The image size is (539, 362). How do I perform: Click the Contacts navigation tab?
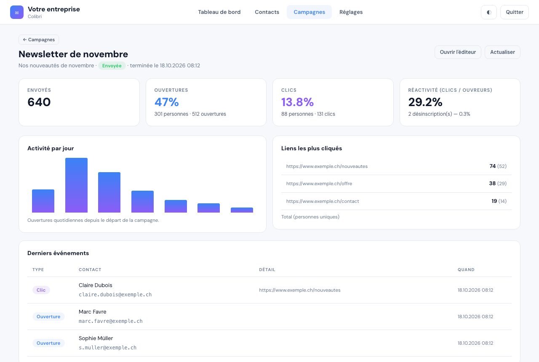(x=267, y=12)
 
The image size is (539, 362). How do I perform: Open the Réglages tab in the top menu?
(x=351, y=12)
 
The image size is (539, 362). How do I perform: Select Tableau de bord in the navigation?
(x=219, y=12)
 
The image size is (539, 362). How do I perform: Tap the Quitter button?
(x=515, y=12)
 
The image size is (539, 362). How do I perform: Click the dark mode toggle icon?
(x=489, y=12)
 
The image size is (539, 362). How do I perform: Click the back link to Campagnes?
(x=39, y=40)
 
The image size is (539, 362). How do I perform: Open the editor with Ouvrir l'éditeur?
(x=458, y=52)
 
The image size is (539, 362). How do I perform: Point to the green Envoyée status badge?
(x=112, y=66)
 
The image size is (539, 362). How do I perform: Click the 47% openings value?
(x=166, y=102)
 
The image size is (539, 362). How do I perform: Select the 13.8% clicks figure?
(x=297, y=102)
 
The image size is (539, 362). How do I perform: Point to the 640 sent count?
(x=39, y=102)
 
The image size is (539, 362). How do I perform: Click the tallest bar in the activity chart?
(x=76, y=185)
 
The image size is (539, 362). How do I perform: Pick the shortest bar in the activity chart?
(x=242, y=210)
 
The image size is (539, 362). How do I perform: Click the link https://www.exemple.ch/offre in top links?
(x=319, y=184)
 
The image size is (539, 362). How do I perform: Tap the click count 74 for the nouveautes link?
(x=492, y=166)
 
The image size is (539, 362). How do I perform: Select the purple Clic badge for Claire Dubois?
(x=41, y=290)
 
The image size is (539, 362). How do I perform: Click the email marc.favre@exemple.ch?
(x=110, y=321)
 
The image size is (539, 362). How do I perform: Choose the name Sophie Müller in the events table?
(x=96, y=338)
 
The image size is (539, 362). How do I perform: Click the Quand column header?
(x=466, y=270)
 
